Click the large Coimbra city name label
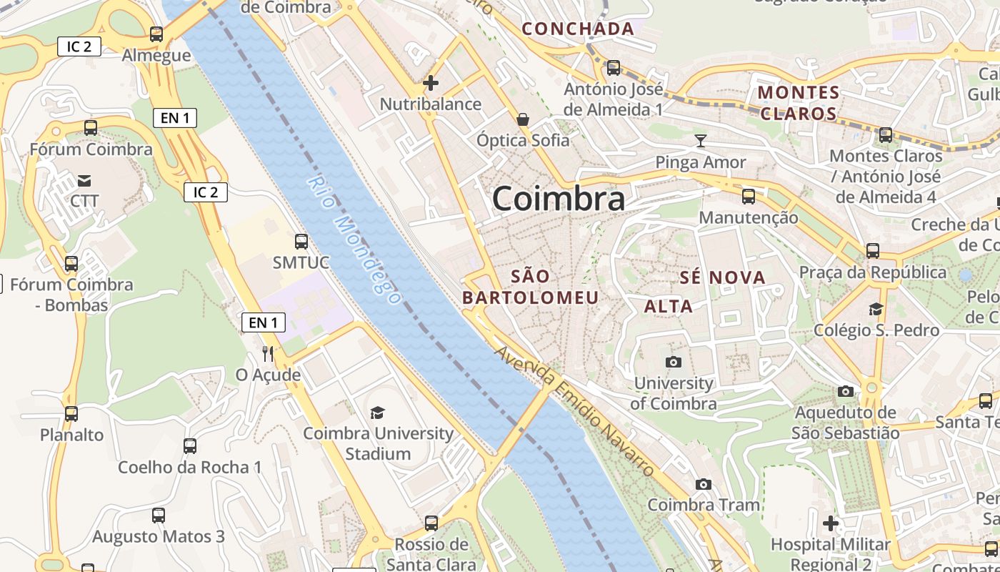pos(559,199)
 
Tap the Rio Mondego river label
pos(353,240)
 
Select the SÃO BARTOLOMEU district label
pos(531,287)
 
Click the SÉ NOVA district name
pos(722,277)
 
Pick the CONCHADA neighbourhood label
pos(578,29)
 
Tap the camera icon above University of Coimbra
pos(673,362)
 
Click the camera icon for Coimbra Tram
pos(704,484)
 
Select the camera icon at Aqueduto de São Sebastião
pos(846,391)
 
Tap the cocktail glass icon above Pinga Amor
pos(701,140)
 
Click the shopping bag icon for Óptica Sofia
pos(523,119)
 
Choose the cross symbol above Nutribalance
pos(430,83)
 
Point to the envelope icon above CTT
pos(84,179)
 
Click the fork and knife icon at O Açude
pos(268,353)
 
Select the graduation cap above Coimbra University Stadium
pos(377,412)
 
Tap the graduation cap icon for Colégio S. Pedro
pos(876,309)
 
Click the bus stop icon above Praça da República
pos(872,250)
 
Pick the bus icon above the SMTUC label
pos(301,241)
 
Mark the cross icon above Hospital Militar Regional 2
pos(830,523)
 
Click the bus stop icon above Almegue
pos(156,34)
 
